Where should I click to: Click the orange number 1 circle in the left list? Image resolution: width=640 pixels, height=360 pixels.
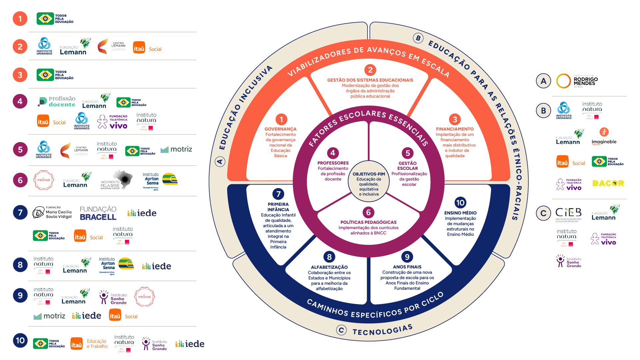(x=20, y=19)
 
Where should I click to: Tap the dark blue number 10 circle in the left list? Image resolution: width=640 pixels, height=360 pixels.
(x=20, y=340)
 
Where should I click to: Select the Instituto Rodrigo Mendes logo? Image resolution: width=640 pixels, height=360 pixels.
(x=577, y=81)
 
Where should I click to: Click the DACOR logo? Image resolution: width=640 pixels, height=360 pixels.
(x=608, y=184)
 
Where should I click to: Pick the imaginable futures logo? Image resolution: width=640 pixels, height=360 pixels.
(x=604, y=137)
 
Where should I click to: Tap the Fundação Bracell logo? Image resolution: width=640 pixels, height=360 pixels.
(x=98, y=213)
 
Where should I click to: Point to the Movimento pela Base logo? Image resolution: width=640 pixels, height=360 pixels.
(x=117, y=180)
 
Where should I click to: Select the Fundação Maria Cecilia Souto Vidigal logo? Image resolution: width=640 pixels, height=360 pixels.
(x=52, y=212)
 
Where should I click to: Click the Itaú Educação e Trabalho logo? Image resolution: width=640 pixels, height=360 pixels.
(x=89, y=344)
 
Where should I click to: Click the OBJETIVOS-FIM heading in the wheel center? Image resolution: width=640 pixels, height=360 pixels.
(x=368, y=174)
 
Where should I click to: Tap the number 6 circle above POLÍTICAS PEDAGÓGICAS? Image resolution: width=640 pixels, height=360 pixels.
(x=368, y=212)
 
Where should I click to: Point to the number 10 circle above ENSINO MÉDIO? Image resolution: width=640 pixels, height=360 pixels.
(x=460, y=202)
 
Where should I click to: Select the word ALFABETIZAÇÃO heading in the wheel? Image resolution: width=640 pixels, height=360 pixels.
(x=329, y=267)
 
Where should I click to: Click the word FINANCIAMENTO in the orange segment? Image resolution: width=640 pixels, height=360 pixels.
(x=455, y=129)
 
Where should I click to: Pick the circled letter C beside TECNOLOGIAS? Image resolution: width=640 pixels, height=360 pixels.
(x=341, y=330)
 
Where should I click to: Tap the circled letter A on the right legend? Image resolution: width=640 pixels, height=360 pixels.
(x=543, y=81)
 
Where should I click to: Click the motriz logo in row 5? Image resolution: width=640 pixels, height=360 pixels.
(x=176, y=149)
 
